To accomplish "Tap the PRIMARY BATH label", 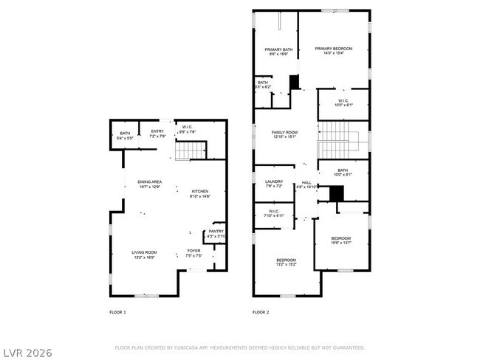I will (279, 49).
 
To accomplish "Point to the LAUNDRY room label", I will (274, 181).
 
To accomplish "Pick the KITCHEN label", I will (201, 191).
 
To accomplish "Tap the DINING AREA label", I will (149, 181).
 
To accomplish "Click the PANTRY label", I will (216, 232).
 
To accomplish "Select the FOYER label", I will (193, 251).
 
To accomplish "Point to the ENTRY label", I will (157, 131).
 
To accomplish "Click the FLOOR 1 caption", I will (117, 313).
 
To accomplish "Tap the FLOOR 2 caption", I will (260, 313).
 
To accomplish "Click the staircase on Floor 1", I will (190, 150).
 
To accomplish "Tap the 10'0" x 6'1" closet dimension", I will (343, 105).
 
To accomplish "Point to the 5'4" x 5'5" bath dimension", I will (125, 138).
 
